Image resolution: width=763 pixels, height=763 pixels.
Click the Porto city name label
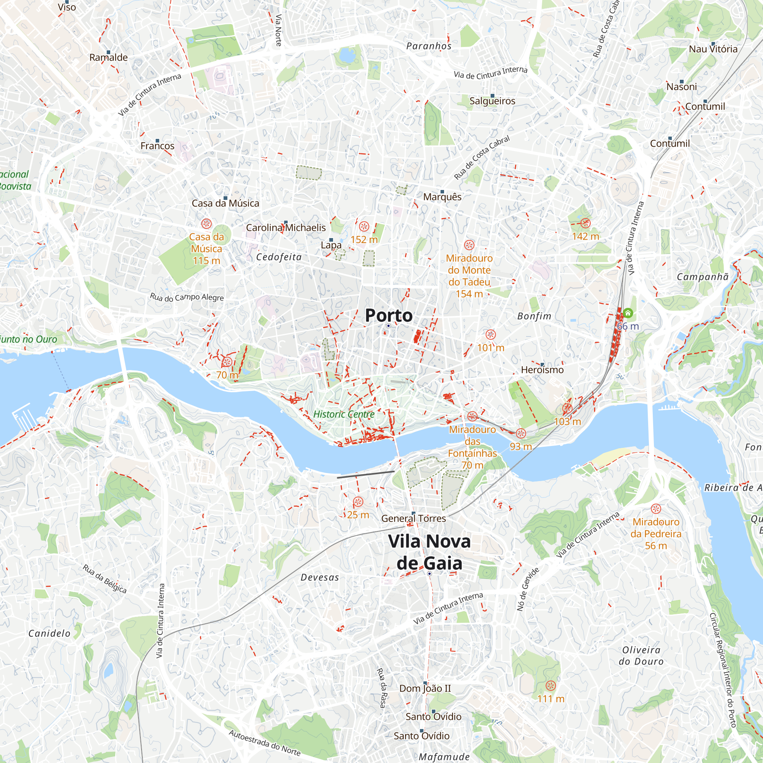point(389,316)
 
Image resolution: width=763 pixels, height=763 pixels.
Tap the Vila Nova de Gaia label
point(429,552)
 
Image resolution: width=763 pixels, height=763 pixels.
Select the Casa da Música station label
point(225,203)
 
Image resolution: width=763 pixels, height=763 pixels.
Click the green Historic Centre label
point(344,414)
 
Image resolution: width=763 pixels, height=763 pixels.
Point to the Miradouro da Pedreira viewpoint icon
point(655,509)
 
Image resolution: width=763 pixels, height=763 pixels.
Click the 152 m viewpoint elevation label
point(364,240)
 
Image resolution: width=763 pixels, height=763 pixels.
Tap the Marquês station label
point(442,197)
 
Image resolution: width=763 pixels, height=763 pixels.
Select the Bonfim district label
point(534,316)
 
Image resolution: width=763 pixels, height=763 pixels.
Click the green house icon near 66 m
point(628,313)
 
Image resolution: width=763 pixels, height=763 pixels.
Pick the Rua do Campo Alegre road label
point(187,298)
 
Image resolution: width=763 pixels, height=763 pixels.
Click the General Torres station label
point(413,518)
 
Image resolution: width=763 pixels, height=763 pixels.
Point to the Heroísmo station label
point(542,370)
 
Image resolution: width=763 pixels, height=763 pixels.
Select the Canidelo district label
point(49,633)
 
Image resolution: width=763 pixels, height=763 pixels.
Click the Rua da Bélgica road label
point(105,579)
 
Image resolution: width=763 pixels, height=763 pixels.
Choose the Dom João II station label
point(425,688)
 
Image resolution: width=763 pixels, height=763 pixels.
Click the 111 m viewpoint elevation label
point(551,699)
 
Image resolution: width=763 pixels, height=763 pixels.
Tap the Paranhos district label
point(428,46)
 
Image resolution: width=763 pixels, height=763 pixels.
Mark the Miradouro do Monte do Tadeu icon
point(469,245)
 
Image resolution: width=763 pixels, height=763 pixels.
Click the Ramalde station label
point(108,58)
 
